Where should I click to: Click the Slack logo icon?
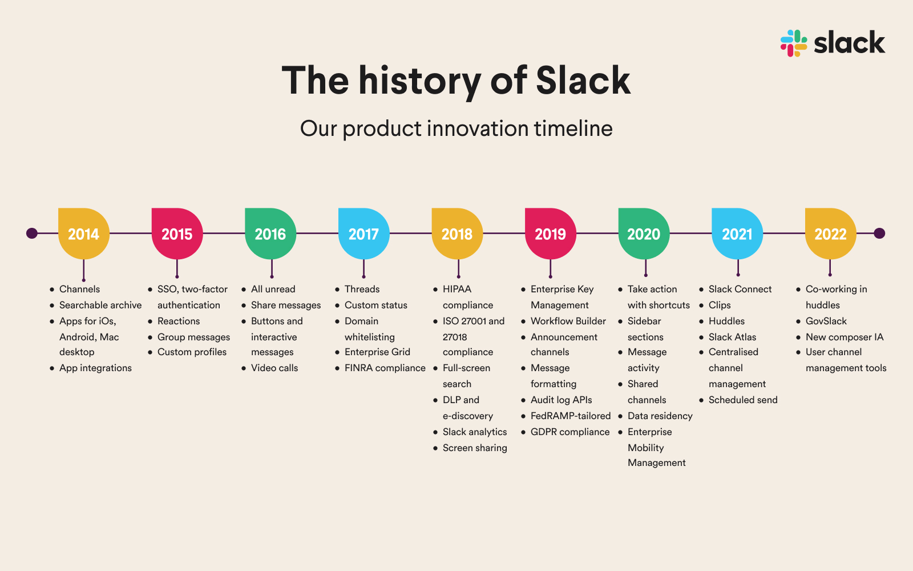coord(794,43)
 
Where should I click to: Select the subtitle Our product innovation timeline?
coord(456,129)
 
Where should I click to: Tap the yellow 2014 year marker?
coord(83,234)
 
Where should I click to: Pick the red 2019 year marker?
coord(550,234)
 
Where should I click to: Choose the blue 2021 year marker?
coord(737,234)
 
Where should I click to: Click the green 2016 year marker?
coord(270,234)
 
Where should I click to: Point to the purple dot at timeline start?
coord(32,233)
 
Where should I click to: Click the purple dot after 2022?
coord(879,233)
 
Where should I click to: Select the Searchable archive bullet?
coord(100,305)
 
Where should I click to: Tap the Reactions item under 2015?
coord(179,321)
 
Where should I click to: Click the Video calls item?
coord(274,368)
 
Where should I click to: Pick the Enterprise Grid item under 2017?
coord(377,352)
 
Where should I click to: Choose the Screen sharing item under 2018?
coord(475,448)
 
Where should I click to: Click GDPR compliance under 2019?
coord(569,432)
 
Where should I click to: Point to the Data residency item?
coord(660,416)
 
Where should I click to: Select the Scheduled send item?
coord(743,400)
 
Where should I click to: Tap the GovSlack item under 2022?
coord(826,321)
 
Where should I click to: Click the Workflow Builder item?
coord(568,321)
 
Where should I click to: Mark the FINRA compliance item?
coord(385,368)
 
